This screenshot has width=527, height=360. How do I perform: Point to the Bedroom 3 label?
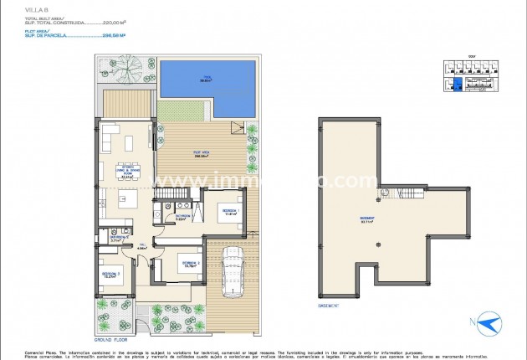point(112,274)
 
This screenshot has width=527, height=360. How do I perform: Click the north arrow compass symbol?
point(489,323)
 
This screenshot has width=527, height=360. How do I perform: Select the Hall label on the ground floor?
point(143,247)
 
